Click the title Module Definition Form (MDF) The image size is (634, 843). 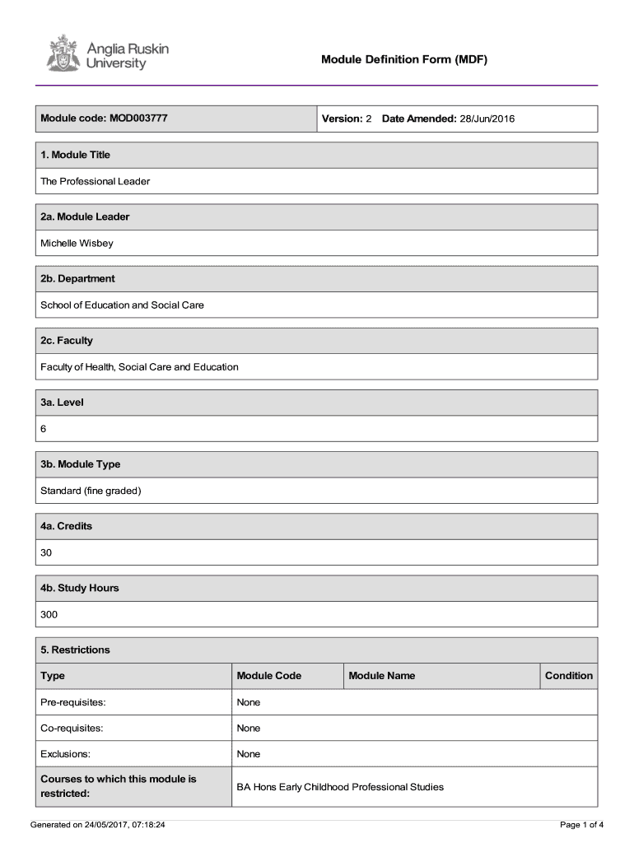(x=404, y=59)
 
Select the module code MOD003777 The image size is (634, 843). (x=138, y=119)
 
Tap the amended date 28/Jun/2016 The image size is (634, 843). (x=487, y=119)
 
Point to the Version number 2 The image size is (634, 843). (x=369, y=119)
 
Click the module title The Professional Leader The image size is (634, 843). (x=96, y=181)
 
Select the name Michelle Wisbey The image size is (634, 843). (x=77, y=243)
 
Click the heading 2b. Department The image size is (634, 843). (x=77, y=278)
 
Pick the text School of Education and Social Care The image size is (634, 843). (x=122, y=305)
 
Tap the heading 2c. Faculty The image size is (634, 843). (x=67, y=340)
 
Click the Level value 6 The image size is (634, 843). (x=44, y=429)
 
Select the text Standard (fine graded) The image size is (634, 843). (x=91, y=491)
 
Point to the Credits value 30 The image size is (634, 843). (x=46, y=552)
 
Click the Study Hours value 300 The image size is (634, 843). (x=49, y=614)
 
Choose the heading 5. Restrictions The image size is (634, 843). (x=75, y=650)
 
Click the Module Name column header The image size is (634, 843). (x=382, y=676)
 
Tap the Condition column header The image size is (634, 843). (x=568, y=676)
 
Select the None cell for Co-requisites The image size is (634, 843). (x=249, y=728)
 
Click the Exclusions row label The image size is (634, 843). (x=66, y=754)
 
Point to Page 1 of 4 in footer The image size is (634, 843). (x=582, y=824)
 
